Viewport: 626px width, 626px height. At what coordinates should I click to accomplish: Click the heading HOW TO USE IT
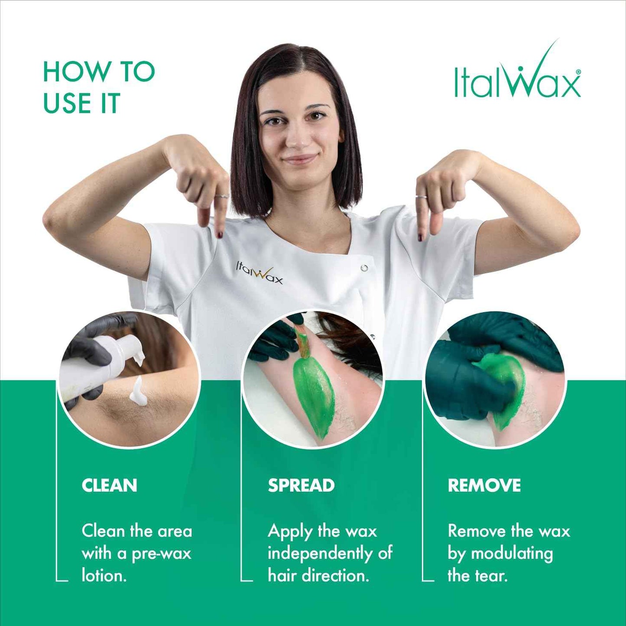point(99,87)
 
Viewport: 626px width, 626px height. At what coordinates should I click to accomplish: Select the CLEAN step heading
point(109,485)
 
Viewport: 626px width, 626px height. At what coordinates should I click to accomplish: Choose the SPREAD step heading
point(301,485)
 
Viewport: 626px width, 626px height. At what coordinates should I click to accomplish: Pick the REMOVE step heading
point(484,485)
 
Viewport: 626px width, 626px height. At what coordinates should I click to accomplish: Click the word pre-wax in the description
point(161,554)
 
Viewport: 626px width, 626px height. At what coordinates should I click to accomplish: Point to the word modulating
point(512,554)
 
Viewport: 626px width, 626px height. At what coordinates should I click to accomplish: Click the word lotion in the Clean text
point(104,576)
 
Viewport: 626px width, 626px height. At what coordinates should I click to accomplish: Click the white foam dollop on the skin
point(137,391)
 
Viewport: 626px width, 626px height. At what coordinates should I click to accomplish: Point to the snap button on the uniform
point(364,268)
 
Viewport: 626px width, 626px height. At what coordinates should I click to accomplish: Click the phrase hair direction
point(318,576)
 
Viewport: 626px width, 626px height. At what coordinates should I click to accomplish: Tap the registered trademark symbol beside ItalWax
point(578,72)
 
